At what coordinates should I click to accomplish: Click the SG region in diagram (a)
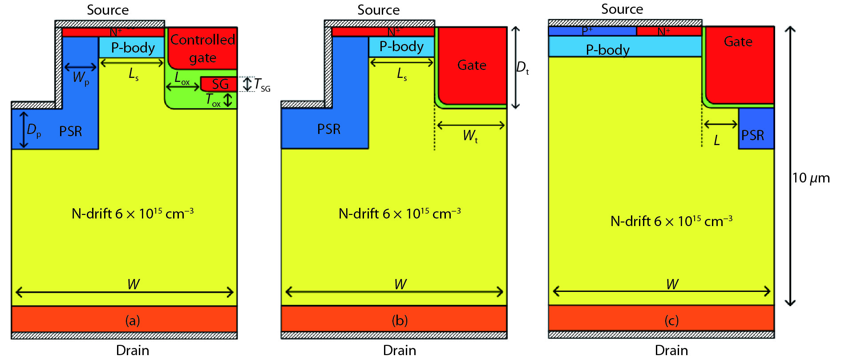point(219,84)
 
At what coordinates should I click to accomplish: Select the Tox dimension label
point(213,101)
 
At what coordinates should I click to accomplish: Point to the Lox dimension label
point(182,79)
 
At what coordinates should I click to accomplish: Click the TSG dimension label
point(262,85)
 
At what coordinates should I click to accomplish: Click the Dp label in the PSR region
point(34,130)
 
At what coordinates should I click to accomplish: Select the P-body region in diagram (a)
point(132,48)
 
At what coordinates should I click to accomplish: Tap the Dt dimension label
point(522,68)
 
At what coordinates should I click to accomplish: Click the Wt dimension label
point(470,136)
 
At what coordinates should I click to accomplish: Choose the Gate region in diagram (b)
point(472,65)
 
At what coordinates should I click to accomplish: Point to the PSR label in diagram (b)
point(328,129)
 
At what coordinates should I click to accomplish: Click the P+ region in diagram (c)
point(587,31)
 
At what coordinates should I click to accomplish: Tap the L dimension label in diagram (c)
point(716,141)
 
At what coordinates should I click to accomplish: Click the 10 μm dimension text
point(811,178)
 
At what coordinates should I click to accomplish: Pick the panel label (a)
point(132,320)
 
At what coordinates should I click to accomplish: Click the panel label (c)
point(671,320)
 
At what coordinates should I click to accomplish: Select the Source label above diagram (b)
point(378,10)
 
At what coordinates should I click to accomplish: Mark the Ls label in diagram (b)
point(401,74)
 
